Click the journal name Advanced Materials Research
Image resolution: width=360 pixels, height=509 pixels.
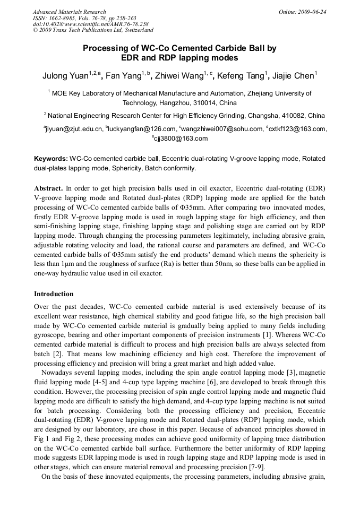coord(69,12)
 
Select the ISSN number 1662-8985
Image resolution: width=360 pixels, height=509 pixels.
coord(61,18)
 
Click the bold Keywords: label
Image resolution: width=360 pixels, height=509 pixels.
coord(50,159)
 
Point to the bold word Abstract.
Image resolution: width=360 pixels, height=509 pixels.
coord(48,188)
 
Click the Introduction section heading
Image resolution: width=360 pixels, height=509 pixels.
coord(54,294)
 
